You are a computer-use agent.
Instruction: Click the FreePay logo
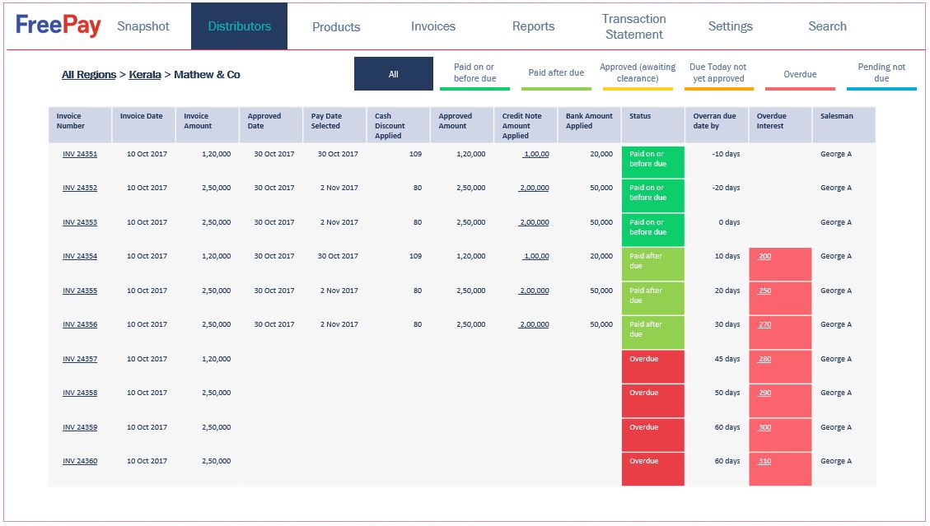pyautogui.click(x=58, y=26)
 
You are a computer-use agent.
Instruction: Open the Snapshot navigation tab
pyautogui.click(x=143, y=26)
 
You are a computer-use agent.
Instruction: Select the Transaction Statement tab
pyautogui.click(x=633, y=26)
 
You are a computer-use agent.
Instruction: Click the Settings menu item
pyautogui.click(x=730, y=26)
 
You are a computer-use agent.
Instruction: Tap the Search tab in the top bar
pyautogui.click(x=827, y=26)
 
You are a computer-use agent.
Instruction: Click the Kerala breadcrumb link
pyautogui.click(x=145, y=75)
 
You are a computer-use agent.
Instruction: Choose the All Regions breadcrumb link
pyautogui.click(x=89, y=75)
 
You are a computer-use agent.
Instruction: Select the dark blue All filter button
pyautogui.click(x=394, y=74)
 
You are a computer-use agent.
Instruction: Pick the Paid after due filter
pyautogui.click(x=556, y=73)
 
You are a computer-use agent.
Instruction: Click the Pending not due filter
pyautogui.click(x=881, y=73)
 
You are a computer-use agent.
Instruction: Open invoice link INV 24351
pyautogui.click(x=80, y=154)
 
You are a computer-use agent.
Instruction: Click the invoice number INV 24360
pyautogui.click(x=80, y=461)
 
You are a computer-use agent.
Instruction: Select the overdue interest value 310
pyautogui.click(x=765, y=461)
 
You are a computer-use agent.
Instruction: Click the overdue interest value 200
pyautogui.click(x=765, y=256)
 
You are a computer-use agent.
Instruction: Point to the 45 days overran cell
pyautogui.click(x=727, y=359)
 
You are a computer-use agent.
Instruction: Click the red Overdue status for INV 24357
pyautogui.click(x=652, y=366)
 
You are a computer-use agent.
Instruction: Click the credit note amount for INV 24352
pyautogui.click(x=535, y=188)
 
